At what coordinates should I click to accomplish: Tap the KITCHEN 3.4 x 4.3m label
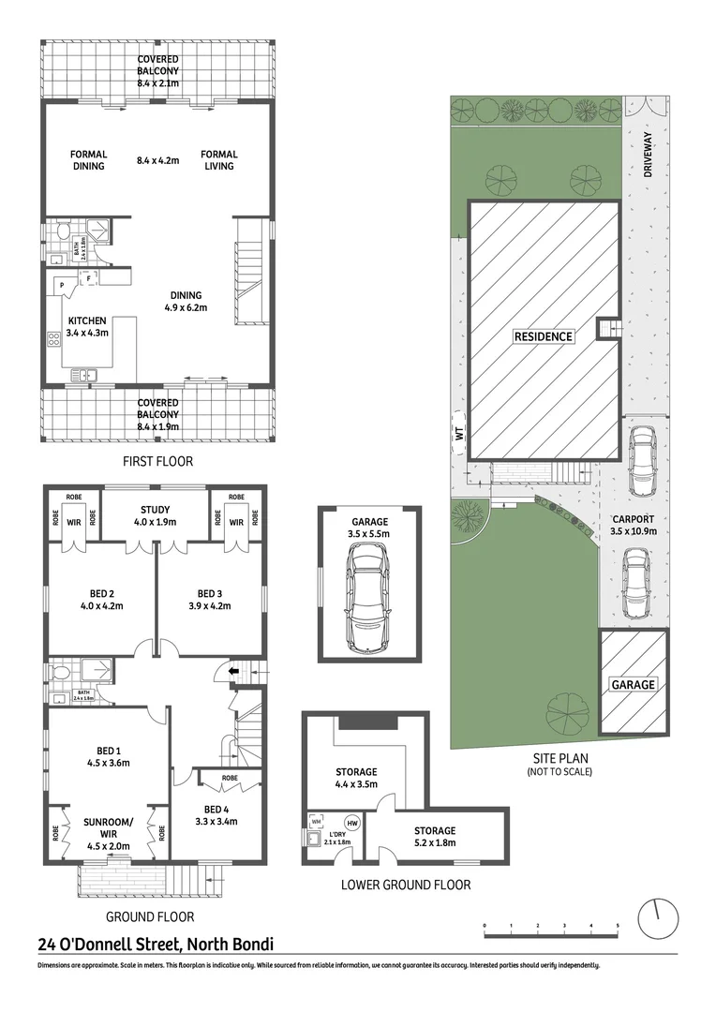87,326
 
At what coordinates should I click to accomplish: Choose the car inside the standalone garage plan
367,600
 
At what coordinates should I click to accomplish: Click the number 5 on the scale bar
618,926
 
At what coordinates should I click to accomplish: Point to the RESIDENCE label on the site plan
543,335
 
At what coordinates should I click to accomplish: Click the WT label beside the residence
458,434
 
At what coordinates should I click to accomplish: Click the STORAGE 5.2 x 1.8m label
435,836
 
